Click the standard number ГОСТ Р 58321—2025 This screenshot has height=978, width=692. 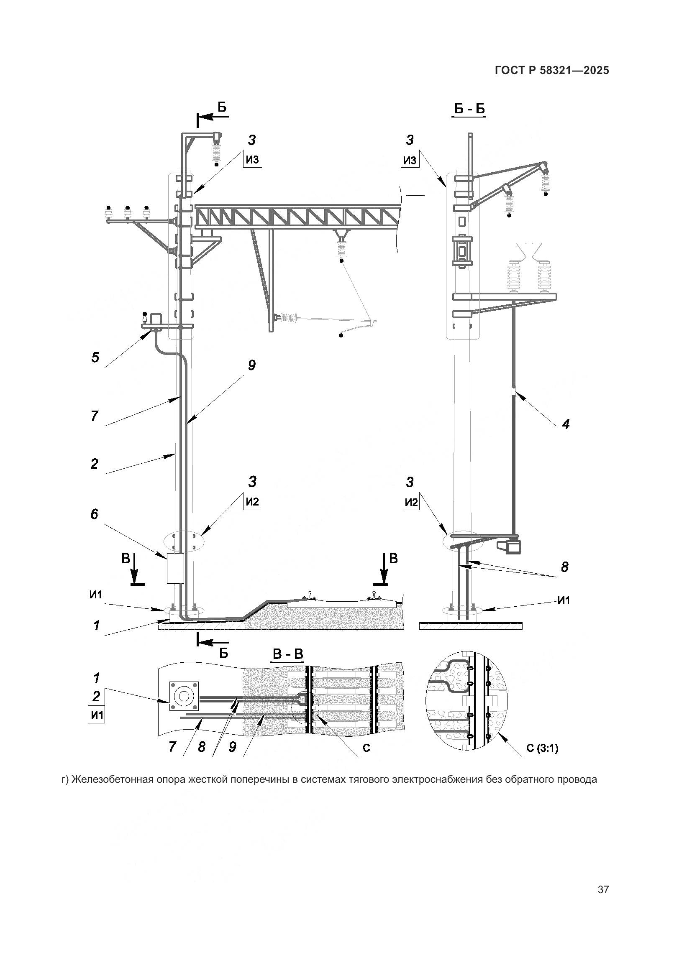pos(552,70)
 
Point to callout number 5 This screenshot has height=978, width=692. pos(95,357)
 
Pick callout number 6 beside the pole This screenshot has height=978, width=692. pos(94,514)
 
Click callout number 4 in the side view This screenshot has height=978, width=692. pos(566,424)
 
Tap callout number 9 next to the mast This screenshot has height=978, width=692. pos(251,365)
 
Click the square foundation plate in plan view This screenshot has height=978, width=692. pos(184,696)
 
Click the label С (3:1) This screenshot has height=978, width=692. pos(542,748)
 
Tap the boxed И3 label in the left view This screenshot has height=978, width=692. pos(252,160)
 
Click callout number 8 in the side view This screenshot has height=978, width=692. pos(564,567)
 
